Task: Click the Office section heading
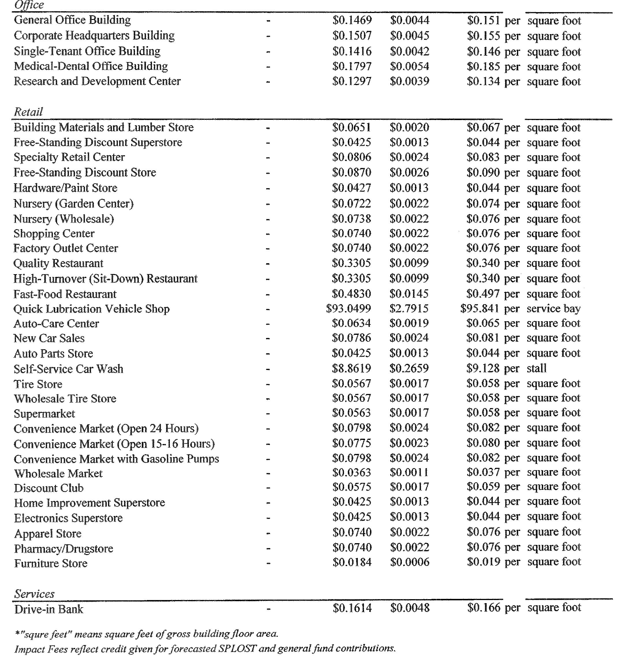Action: tap(29, 5)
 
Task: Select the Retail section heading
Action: tap(28, 112)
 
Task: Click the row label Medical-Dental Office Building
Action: tap(91, 66)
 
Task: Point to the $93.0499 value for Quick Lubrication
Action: tap(348, 309)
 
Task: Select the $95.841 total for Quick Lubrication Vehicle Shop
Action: tap(480, 309)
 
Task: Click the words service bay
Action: tap(553, 309)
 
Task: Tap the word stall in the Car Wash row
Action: tap(536, 368)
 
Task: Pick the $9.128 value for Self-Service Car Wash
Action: tap(483, 368)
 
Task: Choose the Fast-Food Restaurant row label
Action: tap(65, 294)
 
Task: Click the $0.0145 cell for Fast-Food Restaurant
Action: tap(409, 294)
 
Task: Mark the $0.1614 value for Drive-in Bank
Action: tap(352, 608)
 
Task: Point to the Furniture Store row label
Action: tap(51, 563)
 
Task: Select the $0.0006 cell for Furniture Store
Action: tap(410, 562)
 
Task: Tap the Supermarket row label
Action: tap(44, 414)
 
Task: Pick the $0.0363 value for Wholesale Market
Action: tap(352, 472)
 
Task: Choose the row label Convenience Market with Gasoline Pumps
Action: tap(116, 459)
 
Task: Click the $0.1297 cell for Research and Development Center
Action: tap(352, 81)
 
